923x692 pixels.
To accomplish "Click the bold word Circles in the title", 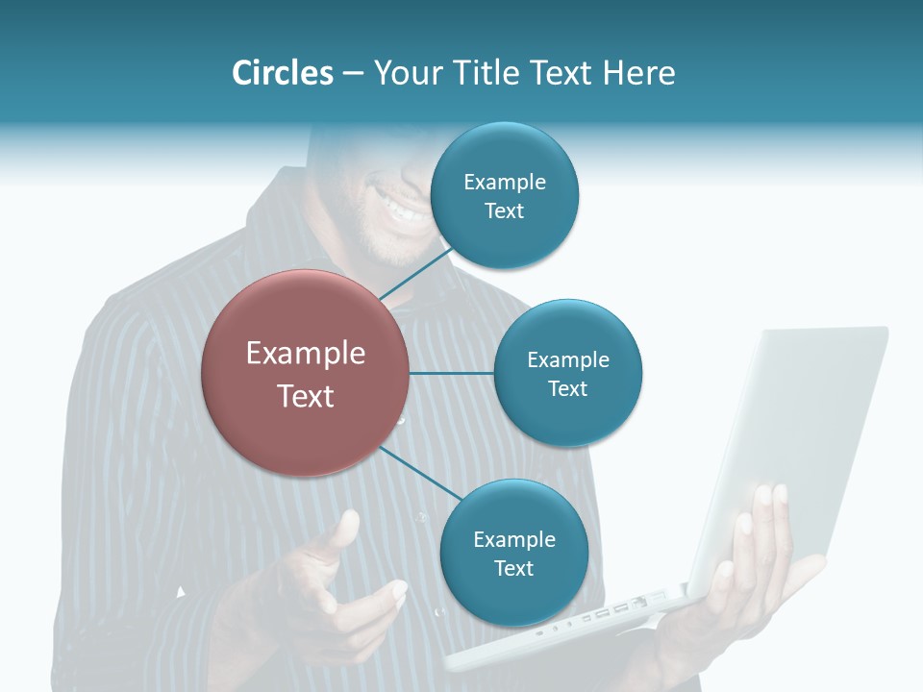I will point(282,73).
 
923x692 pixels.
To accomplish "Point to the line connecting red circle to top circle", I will point(415,274).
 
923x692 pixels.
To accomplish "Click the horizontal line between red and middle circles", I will point(451,373).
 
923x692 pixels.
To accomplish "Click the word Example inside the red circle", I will point(305,354).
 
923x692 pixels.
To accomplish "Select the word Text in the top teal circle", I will point(504,211).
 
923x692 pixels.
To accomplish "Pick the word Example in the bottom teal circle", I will point(513,540).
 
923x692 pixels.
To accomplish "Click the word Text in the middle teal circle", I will point(567,389).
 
